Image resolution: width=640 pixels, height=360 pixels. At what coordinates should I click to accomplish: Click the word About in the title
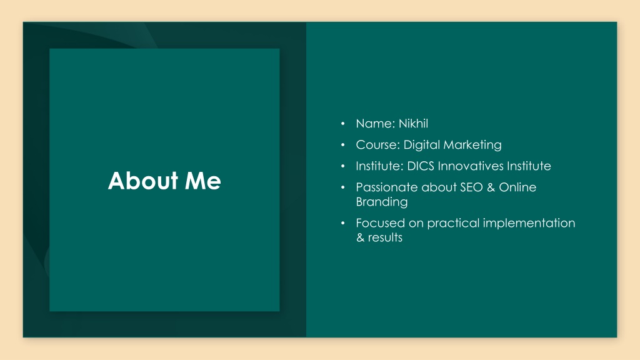click(x=143, y=181)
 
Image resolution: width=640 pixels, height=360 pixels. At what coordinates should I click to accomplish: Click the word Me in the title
click(x=203, y=181)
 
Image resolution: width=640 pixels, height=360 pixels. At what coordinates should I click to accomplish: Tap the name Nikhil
click(x=413, y=123)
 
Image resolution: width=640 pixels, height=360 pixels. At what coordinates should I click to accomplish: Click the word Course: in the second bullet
click(x=377, y=144)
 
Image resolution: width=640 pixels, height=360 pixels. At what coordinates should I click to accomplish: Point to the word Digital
click(x=421, y=145)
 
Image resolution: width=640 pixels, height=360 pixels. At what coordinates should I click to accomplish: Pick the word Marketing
click(x=472, y=145)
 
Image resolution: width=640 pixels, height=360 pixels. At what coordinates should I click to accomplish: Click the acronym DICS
click(x=421, y=166)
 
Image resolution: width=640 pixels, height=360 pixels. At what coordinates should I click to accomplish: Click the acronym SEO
click(x=471, y=187)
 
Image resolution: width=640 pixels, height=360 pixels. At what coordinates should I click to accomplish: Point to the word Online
click(x=517, y=187)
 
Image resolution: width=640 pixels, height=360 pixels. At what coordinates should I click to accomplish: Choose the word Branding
click(x=382, y=202)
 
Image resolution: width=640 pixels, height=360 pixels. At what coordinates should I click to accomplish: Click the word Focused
click(x=381, y=223)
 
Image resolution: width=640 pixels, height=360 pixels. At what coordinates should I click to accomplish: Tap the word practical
click(x=453, y=223)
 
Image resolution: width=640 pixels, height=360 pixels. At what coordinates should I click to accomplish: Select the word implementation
click(x=529, y=223)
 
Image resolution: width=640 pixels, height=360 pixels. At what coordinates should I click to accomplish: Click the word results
click(x=385, y=237)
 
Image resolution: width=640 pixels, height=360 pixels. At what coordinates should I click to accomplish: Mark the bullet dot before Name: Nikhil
click(x=343, y=123)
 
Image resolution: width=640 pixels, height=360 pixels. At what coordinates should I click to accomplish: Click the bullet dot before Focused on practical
click(x=343, y=223)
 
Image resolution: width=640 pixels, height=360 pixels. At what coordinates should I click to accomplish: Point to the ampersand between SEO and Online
click(x=491, y=187)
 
